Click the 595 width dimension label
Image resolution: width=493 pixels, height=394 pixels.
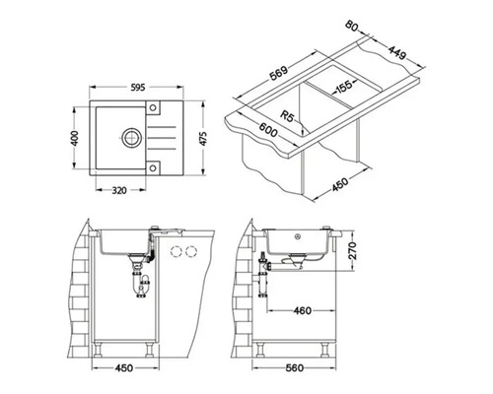coord(138,88)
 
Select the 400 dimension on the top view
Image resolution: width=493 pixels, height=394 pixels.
coord(75,138)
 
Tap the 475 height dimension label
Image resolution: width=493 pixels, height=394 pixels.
coord(203,139)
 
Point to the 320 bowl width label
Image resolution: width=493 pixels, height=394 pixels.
coord(119,190)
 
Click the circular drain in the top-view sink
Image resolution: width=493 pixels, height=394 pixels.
coord(132,138)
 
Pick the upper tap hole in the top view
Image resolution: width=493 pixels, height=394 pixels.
coord(153,107)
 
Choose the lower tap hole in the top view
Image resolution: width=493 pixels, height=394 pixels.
coord(153,168)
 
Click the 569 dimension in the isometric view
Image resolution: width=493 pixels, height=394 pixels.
coord(279,73)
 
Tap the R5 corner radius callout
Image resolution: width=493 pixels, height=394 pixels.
coord(287,116)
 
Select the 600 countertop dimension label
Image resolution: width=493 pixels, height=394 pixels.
coord(268,130)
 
